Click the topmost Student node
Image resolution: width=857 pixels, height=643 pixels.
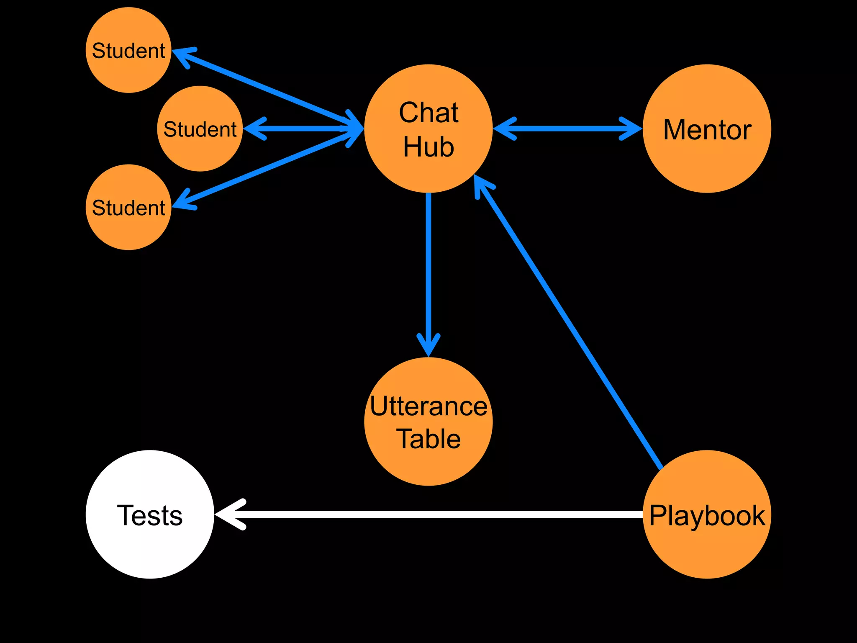[x=128, y=50]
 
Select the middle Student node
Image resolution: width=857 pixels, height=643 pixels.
[x=200, y=129]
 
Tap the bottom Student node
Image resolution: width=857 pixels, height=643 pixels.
[x=128, y=207]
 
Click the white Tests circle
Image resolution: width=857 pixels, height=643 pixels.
[x=150, y=514]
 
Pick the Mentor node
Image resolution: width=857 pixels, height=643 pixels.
[x=707, y=129]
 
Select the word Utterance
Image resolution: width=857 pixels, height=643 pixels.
[x=428, y=406]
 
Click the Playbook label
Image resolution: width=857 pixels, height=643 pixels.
[x=707, y=515]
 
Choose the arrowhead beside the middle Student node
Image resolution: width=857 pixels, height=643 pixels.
[x=254, y=129]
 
